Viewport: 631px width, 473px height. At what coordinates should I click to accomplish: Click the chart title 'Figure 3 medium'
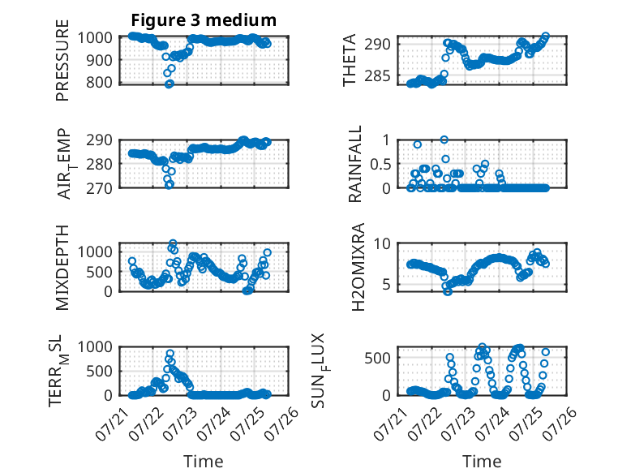[204, 20]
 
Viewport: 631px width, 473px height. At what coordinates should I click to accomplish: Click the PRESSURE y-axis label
[62, 60]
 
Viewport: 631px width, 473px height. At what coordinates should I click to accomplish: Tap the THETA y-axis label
[350, 60]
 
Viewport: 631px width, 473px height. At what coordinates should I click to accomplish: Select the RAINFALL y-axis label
[355, 164]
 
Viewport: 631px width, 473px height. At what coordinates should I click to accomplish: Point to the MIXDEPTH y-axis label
[62, 267]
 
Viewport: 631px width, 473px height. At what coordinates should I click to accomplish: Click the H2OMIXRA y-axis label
[358, 267]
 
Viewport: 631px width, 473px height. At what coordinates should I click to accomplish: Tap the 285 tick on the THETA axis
[378, 75]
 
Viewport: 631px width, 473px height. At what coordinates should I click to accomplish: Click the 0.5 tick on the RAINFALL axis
[380, 164]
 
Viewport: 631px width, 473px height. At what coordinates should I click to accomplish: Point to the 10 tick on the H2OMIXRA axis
[382, 243]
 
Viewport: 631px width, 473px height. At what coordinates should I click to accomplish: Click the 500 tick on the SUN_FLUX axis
[378, 358]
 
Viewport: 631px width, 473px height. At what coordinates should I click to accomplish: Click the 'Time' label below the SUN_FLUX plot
[482, 461]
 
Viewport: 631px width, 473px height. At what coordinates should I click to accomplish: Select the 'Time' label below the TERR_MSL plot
[204, 461]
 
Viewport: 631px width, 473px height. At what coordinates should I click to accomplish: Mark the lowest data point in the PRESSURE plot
[170, 84]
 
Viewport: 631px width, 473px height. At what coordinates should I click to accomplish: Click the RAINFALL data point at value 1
[444, 140]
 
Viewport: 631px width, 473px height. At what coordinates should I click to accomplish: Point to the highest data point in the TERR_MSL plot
[170, 354]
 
